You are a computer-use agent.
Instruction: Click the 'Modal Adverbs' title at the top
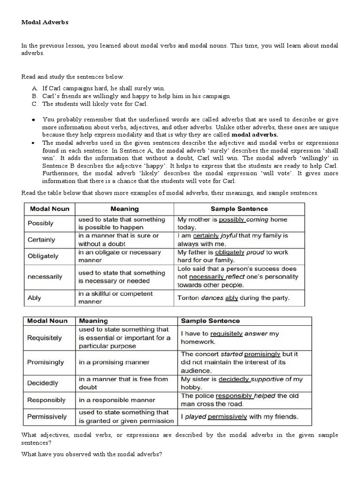pos(45,22)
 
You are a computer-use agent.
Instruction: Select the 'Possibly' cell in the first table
pos(41,223)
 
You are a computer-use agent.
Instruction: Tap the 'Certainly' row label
pos(42,240)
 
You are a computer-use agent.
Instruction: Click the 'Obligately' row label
pos(44,256)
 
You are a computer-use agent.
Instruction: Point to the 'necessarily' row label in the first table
pos(45,277)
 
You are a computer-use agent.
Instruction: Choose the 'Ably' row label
pos(35,297)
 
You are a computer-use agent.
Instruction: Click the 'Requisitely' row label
pos(45,337)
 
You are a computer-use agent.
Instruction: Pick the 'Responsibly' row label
pos(47,400)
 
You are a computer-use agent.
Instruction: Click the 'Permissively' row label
pos(47,416)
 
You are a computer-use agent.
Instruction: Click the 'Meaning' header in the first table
pos(124,209)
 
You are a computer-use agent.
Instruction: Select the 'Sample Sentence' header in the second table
pos(210,321)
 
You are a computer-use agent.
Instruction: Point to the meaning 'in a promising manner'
pos(114,362)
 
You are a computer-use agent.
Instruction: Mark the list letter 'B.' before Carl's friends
pos(35,96)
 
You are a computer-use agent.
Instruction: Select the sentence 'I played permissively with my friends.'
pos(240,416)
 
